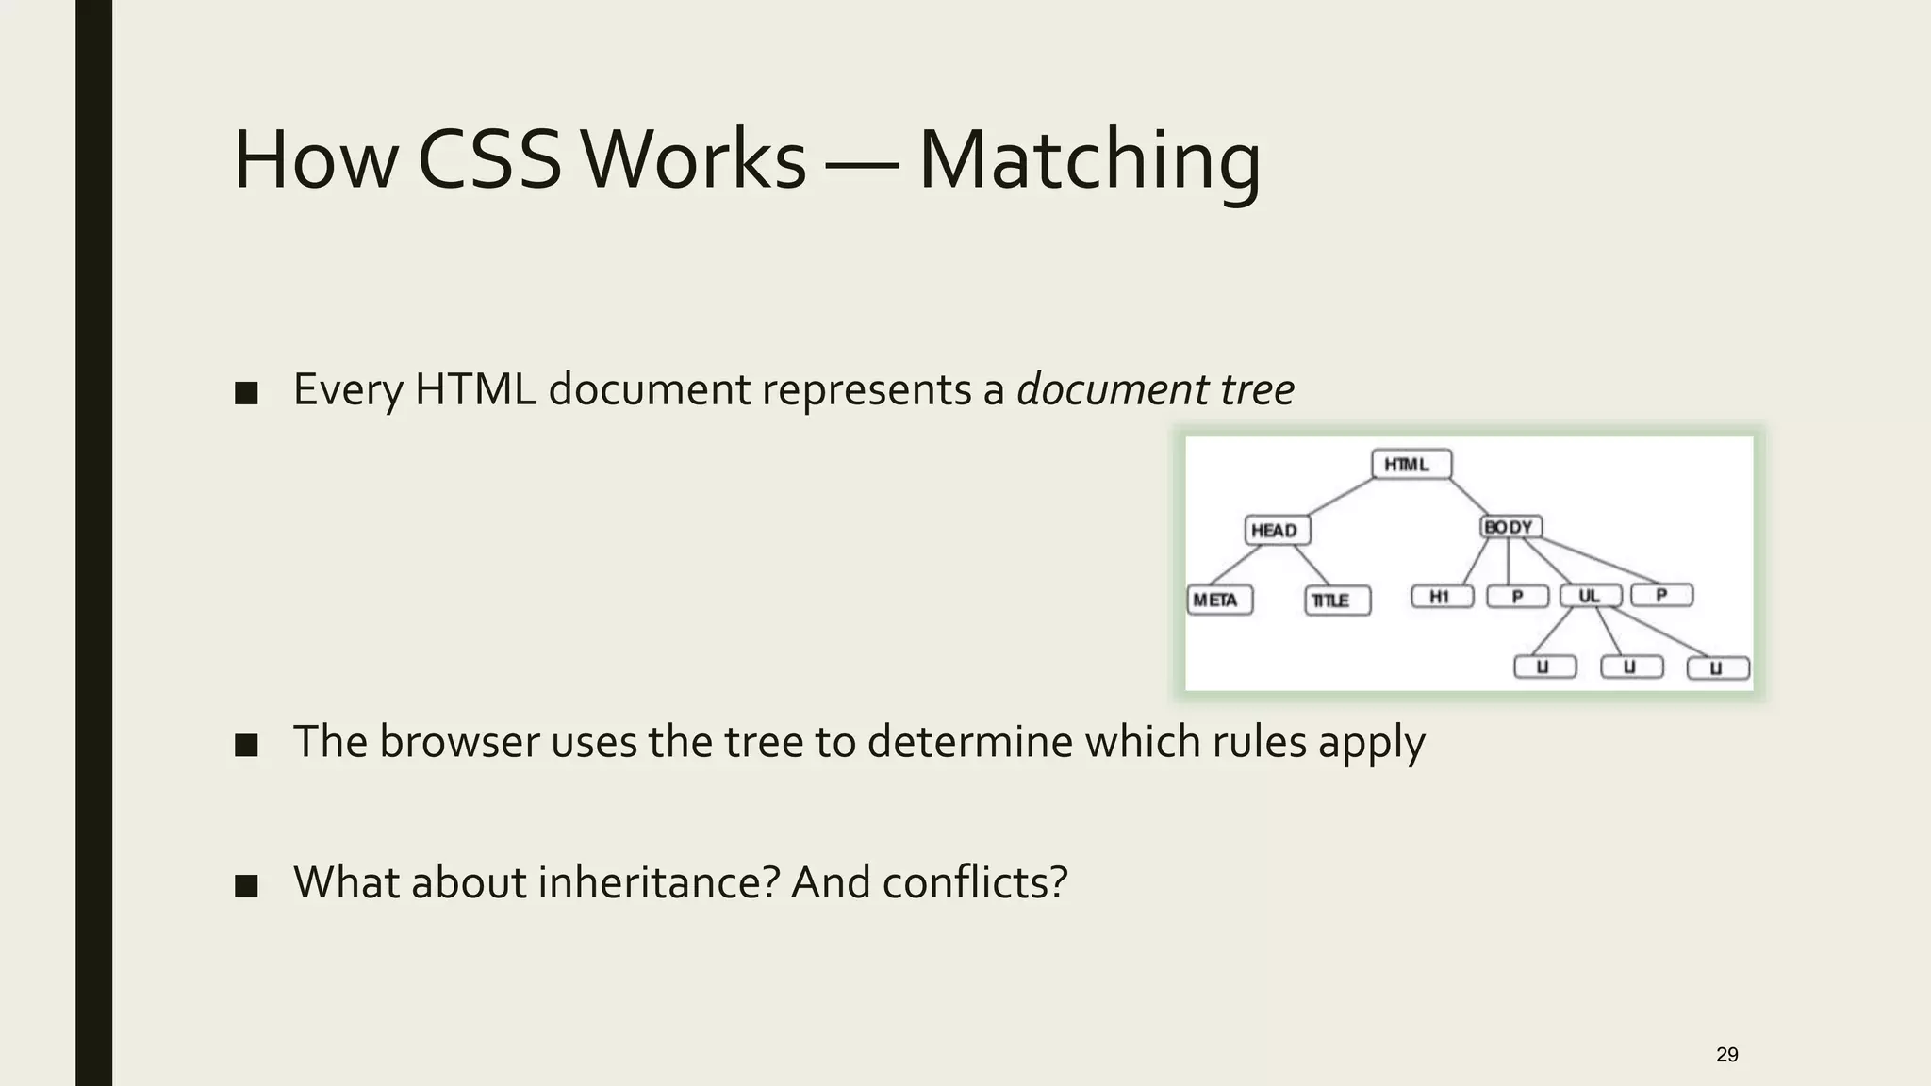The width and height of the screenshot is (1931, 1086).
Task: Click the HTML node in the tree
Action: (x=1411, y=465)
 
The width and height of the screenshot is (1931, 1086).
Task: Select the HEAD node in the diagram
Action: (x=1277, y=530)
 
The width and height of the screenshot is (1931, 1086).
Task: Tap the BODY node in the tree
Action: (x=1510, y=527)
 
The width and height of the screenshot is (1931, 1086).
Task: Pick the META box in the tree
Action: (x=1219, y=600)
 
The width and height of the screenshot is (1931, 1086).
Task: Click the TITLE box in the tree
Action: (x=1337, y=601)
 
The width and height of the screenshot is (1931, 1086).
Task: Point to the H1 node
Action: (x=1442, y=596)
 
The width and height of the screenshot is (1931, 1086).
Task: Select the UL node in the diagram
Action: (x=1591, y=596)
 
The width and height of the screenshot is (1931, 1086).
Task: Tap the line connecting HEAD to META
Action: (x=1236, y=566)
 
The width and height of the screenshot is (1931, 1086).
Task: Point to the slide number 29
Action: (x=1726, y=1054)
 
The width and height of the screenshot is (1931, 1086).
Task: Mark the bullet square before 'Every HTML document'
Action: (x=246, y=393)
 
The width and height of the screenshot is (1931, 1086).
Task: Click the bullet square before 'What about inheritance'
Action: (x=246, y=886)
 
